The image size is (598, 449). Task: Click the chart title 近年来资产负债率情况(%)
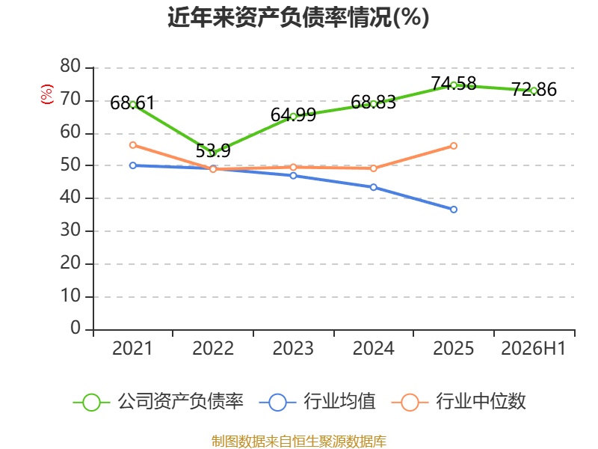[298, 17]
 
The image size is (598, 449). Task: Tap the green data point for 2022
[213, 153]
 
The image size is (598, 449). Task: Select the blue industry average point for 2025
[454, 210]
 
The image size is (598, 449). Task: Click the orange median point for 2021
[133, 145]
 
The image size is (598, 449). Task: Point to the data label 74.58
[454, 83]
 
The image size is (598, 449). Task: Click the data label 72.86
[534, 89]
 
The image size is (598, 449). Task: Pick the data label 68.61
[132, 103]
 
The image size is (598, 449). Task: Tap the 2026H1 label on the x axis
[533, 348]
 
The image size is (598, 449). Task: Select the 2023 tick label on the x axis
[293, 348]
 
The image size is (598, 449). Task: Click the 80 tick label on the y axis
[70, 67]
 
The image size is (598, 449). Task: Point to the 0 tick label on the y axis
[75, 329]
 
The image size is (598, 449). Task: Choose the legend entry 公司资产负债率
[158, 402]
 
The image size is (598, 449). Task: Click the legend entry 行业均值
[317, 402]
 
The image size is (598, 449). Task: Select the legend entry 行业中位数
[458, 402]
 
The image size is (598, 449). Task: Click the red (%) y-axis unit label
[47, 94]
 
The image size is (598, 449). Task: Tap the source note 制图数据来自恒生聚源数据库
[298, 442]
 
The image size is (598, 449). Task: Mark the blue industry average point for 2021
[133, 165]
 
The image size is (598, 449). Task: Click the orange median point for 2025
[454, 146]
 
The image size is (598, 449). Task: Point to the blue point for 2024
[373, 187]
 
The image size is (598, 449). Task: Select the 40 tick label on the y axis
[70, 198]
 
